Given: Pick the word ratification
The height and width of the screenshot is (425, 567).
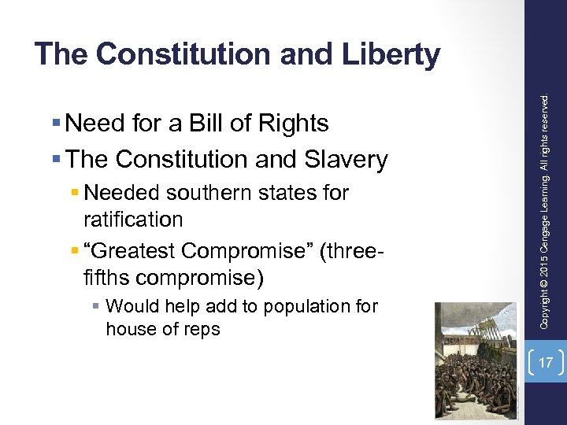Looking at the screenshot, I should (133, 219).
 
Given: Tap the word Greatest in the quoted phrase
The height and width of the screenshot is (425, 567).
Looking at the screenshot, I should (138, 250).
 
